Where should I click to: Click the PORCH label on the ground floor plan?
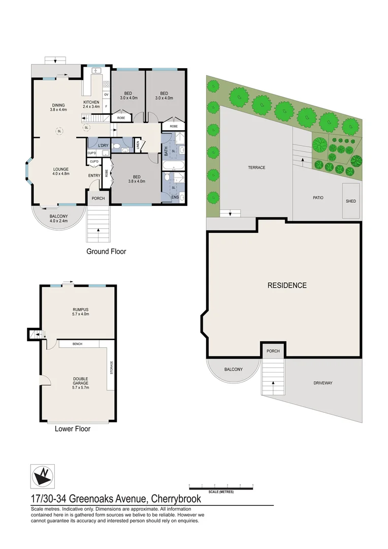point(98,198)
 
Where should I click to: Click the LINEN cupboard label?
point(138,146)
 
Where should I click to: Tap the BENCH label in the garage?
point(77,344)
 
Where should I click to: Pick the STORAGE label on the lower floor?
point(111,368)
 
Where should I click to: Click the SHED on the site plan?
point(351,201)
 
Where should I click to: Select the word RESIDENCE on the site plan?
point(287,286)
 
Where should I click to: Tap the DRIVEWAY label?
point(322,383)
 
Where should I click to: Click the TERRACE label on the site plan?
point(256,168)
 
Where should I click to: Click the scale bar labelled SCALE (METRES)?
point(221,487)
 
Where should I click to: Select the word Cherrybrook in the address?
point(174,499)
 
